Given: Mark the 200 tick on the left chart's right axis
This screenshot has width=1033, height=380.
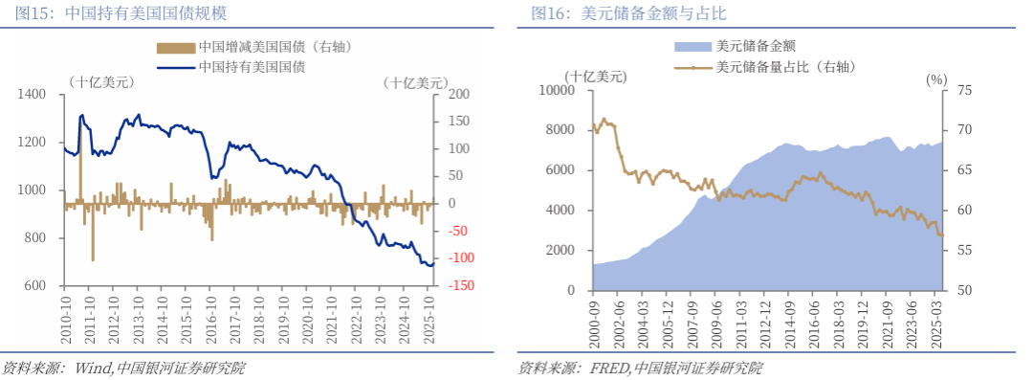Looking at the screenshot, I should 459,94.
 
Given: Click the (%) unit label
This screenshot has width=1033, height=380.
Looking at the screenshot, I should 934,78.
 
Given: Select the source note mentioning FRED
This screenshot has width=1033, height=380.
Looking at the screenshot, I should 640,368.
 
